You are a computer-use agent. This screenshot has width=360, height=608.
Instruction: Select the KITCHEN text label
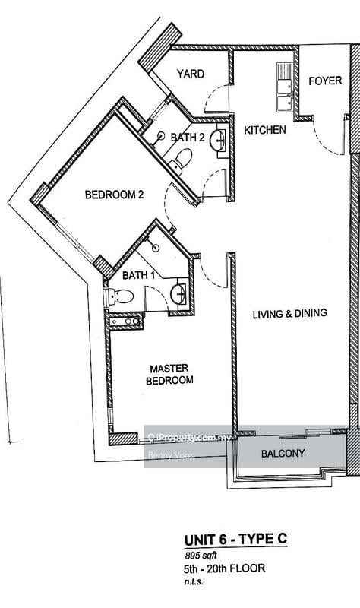[264, 130]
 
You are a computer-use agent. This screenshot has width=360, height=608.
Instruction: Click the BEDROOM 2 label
[114, 195]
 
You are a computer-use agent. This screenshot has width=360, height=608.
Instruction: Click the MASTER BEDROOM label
[171, 373]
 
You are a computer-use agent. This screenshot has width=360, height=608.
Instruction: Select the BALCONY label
[283, 454]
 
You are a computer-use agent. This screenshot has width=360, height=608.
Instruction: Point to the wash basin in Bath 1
[179, 294]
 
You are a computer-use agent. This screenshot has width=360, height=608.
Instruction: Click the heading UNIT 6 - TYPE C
[235, 539]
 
